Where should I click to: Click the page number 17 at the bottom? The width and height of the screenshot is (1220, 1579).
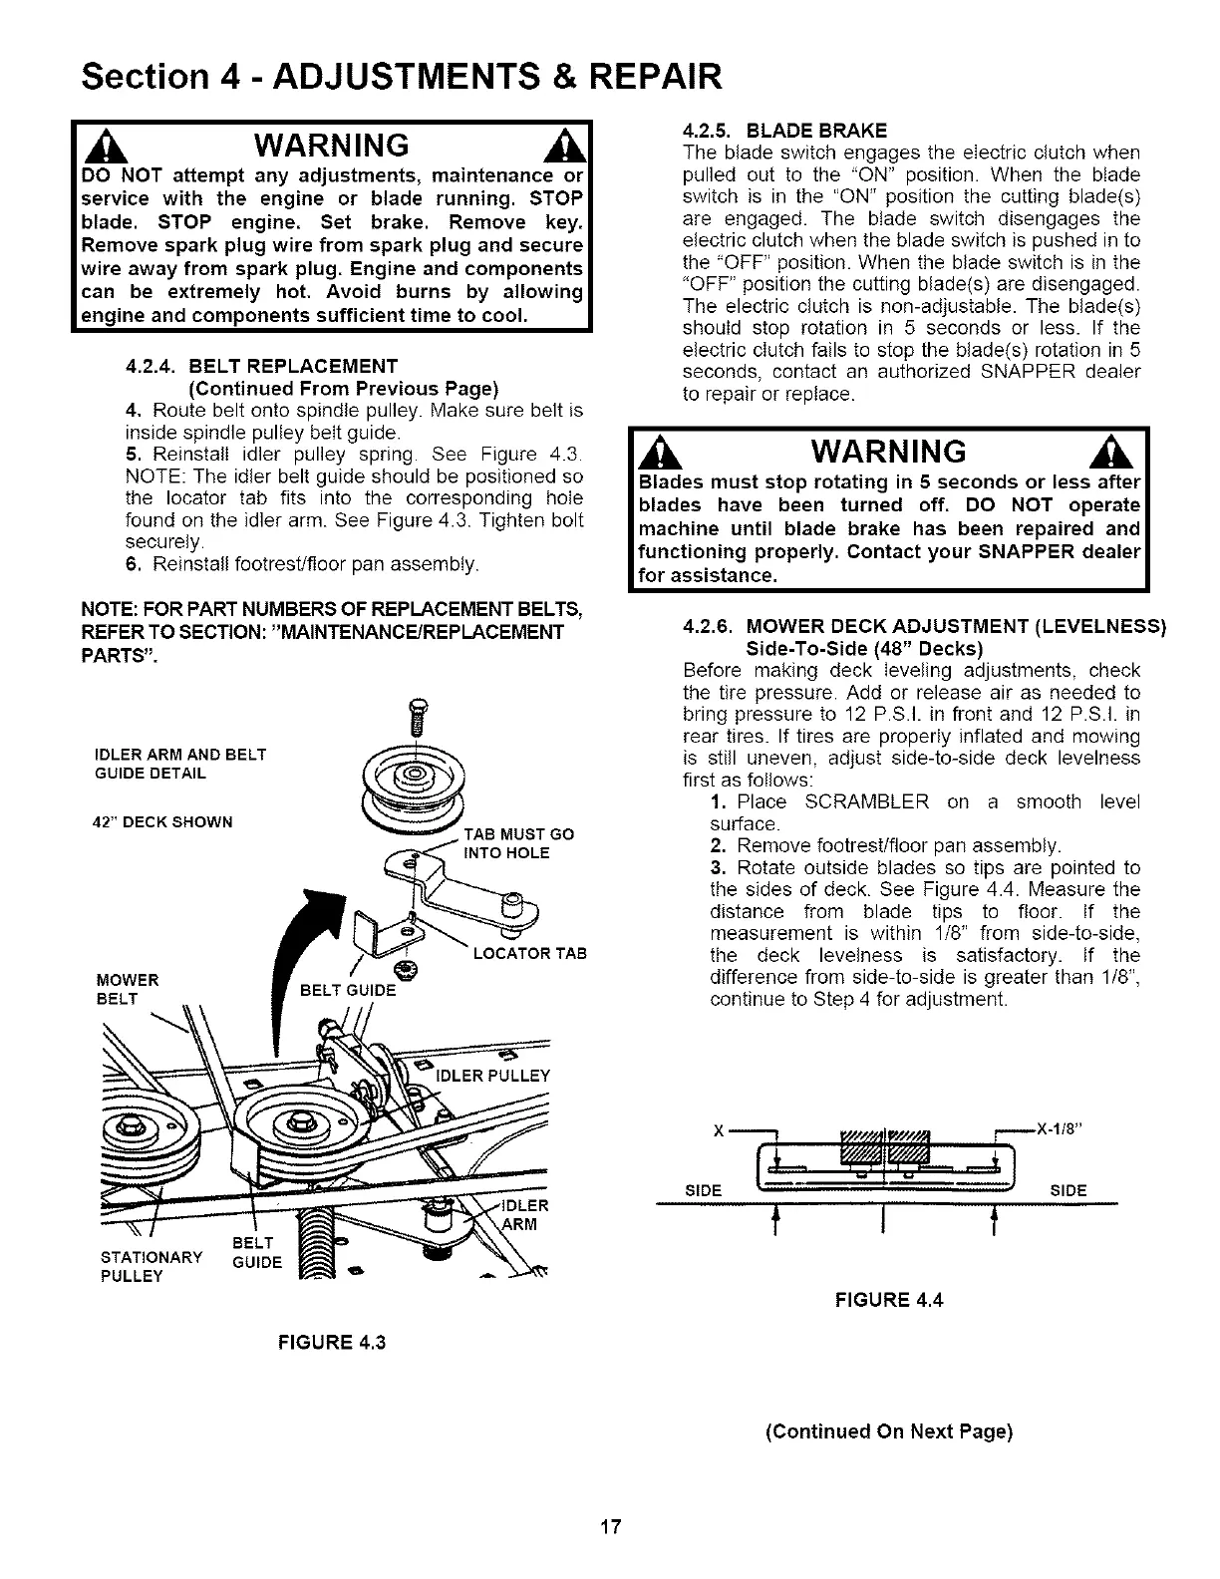[611, 1527]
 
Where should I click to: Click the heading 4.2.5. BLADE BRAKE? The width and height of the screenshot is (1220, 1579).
[784, 131]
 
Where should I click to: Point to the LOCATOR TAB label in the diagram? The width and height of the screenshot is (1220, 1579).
[529, 954]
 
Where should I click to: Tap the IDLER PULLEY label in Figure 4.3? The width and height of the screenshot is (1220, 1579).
[494, 1076]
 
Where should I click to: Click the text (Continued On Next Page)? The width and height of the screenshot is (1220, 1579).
[888, 1432]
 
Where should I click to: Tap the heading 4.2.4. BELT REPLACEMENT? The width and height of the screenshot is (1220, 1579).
[262, 366]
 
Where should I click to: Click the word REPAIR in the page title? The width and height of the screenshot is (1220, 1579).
[637, 75]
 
